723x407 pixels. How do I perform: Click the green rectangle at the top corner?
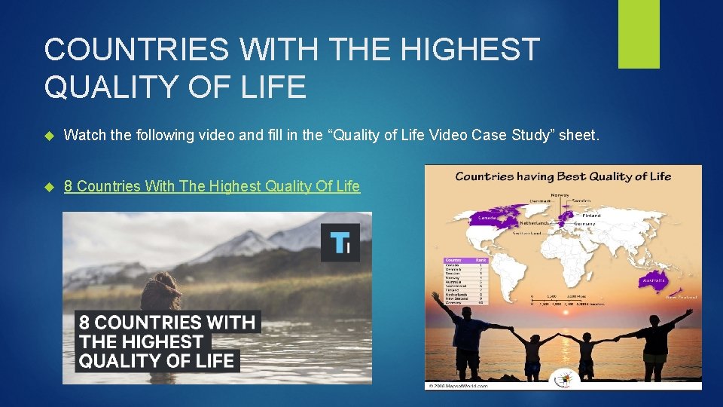coord(639,34)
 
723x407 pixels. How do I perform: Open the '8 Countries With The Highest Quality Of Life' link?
coord(212,186)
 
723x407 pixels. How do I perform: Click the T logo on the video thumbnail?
coord(340,242)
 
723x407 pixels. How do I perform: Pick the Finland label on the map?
coord(591,216)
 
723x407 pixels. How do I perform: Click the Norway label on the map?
coord(560,195)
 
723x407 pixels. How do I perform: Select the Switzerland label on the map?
coord(526,233)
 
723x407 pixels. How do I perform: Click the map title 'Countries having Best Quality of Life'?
coord(563,177)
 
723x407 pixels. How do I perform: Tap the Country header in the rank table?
coord(454,260)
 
